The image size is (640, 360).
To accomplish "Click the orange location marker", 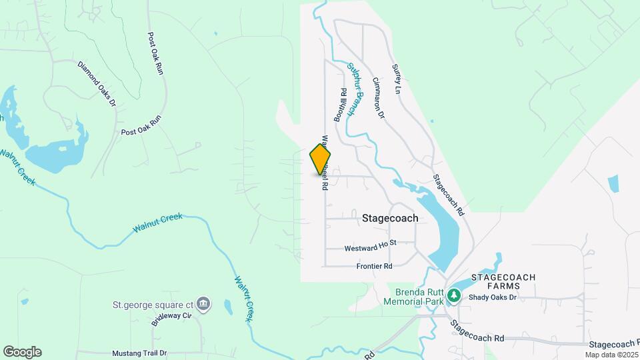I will coord(321,159).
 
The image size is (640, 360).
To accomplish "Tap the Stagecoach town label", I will coord(390,218).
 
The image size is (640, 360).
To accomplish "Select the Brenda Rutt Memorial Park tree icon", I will coord(454,295).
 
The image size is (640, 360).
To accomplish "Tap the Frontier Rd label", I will coord(374,266).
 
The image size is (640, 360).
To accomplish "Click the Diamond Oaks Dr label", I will coord(97,84).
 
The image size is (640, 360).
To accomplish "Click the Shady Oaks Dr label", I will coord(492,297).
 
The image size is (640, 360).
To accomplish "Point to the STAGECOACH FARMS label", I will coord(504,281).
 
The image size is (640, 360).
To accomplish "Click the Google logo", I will coord(22,352).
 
